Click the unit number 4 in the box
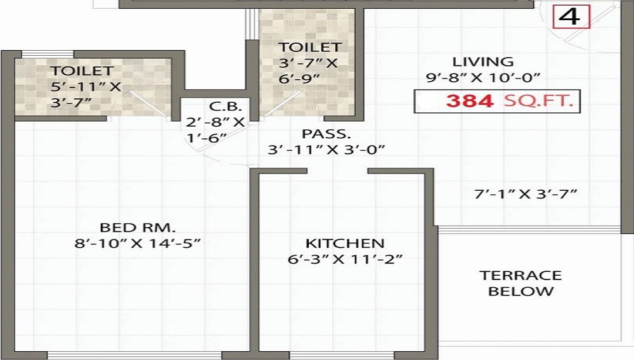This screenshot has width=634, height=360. [x=571, y=16]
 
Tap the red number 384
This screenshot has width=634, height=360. [x=469, y=101]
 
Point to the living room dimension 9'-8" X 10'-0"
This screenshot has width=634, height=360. [x=482, y=78]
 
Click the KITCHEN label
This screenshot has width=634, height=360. [x=344, y=243]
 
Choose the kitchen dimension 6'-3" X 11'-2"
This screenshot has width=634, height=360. [x=344, y=259]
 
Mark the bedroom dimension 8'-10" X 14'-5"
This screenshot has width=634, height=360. [x=137, y=243]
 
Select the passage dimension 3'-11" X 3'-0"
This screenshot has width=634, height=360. [x=327, y=150]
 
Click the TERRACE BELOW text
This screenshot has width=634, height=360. [x=520, y=283]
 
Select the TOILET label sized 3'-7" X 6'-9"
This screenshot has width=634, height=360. [x=310, y=47]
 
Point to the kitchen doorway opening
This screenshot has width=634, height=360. [x=337, y=170]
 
